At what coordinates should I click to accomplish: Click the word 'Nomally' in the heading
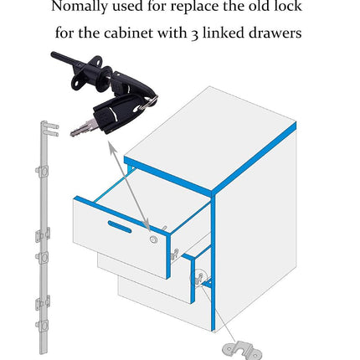click(x=79, y=7)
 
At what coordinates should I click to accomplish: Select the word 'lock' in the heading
click(x=287, y=6)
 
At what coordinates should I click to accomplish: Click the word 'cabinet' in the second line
click(x=129, y=33)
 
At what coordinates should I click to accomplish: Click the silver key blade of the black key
click(x=83, y=128)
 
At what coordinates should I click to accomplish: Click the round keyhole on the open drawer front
click(x=153, y=239)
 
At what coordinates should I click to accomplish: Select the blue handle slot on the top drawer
click(x=120, y=226)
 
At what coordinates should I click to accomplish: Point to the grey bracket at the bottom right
click(x=241, y=350)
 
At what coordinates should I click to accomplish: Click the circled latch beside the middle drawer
click(x=198, y=278)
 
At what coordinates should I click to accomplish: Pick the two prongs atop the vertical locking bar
click(x=53, y=131)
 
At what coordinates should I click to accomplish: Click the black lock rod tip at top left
click(x=55, y=54)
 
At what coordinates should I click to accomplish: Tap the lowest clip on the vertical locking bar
click(x=43, y=326)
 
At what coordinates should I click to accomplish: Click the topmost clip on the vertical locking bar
click(x=43, y=171)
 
